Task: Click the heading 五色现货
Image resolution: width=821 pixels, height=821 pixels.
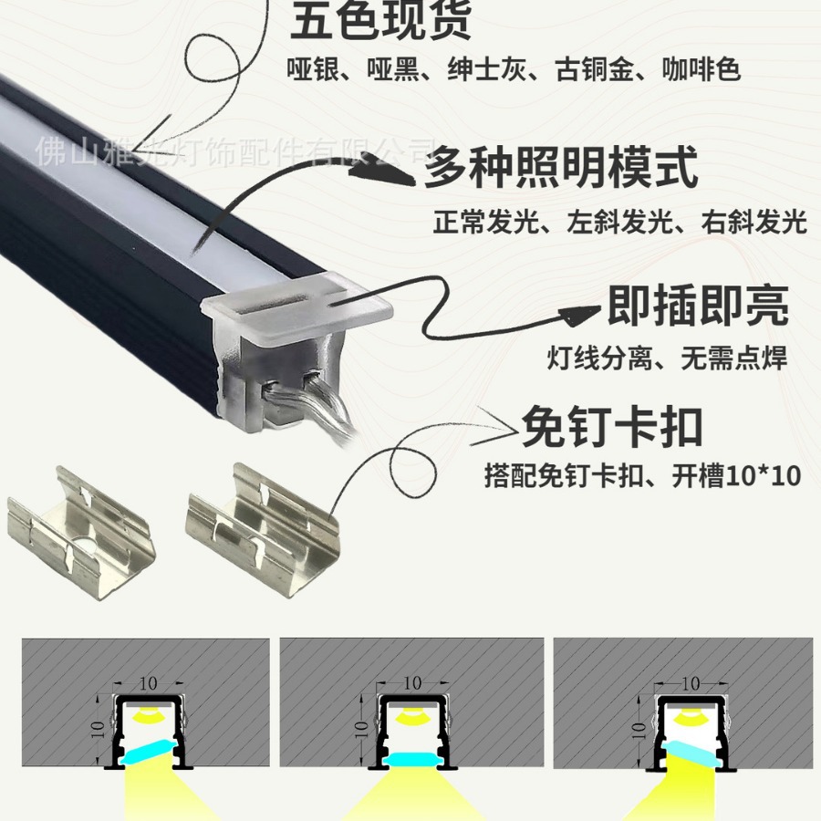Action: [x=381, y=22]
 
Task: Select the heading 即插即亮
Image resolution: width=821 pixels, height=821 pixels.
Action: [x=698, y=306]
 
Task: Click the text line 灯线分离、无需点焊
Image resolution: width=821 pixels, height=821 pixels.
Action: [x=667, y=359]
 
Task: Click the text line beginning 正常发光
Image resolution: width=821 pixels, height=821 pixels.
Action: [x=620, y=222]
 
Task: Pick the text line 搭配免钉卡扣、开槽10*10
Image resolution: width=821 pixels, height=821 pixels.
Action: [x=643, y=475]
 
